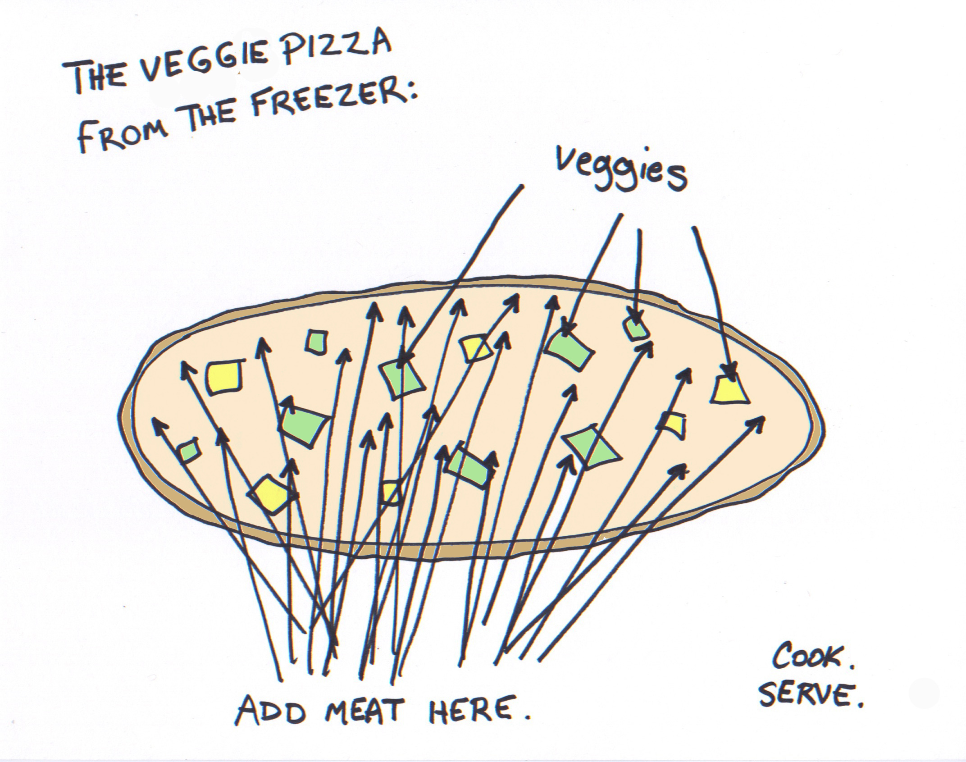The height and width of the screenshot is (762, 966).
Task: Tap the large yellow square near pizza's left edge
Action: pyautogui.click(x=224, y=377)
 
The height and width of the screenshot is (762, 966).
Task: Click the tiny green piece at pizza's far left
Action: pyautogui.click(x=188, y=451)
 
